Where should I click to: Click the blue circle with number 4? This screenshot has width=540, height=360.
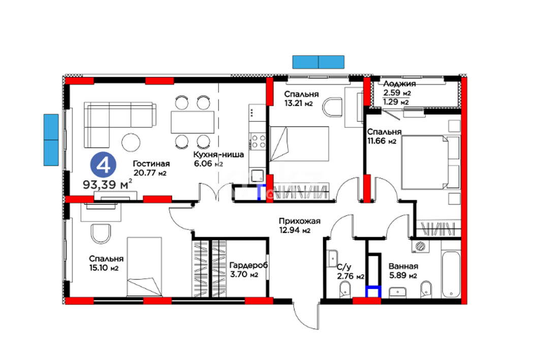103,166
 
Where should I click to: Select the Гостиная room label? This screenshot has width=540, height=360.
151,164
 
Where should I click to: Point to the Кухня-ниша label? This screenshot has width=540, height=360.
218,154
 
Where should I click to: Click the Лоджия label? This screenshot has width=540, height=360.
399,84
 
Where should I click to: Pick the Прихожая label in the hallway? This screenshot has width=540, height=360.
299,221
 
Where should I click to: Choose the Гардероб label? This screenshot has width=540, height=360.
248,266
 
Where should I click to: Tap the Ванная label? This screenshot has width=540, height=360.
403,266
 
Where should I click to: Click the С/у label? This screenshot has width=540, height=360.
344,267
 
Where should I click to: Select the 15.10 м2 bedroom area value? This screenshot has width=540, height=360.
104,268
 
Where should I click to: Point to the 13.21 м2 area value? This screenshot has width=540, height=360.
298,103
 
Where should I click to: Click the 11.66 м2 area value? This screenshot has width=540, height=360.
382,141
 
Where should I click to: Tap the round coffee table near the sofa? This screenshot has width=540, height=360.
131,142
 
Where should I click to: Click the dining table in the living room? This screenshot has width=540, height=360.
193,122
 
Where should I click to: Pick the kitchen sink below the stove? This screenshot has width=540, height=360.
257,176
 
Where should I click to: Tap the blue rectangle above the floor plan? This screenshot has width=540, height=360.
318,62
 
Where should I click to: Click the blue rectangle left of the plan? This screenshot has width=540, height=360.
51,140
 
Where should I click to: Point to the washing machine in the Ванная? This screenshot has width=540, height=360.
421,246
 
